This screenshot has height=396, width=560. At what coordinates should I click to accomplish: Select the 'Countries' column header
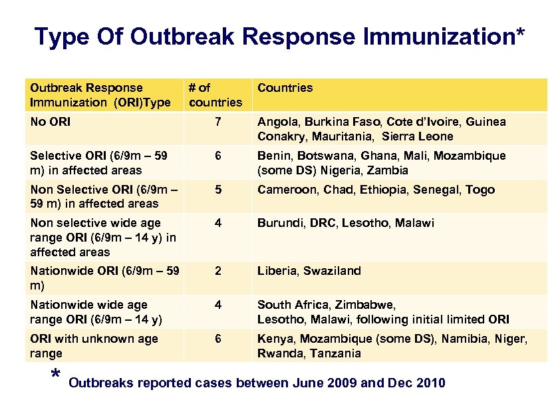(285, 88)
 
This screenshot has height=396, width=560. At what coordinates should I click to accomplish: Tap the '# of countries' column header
(215, 95)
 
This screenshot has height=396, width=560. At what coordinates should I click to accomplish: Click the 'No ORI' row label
(50, 122)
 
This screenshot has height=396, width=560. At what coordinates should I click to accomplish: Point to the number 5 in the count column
(216, 190)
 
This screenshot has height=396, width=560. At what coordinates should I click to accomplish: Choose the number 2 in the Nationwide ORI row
(216, 271)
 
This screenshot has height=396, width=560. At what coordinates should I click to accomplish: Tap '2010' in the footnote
(428, 383)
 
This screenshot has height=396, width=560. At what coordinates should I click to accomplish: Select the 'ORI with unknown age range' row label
(93, 346)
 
